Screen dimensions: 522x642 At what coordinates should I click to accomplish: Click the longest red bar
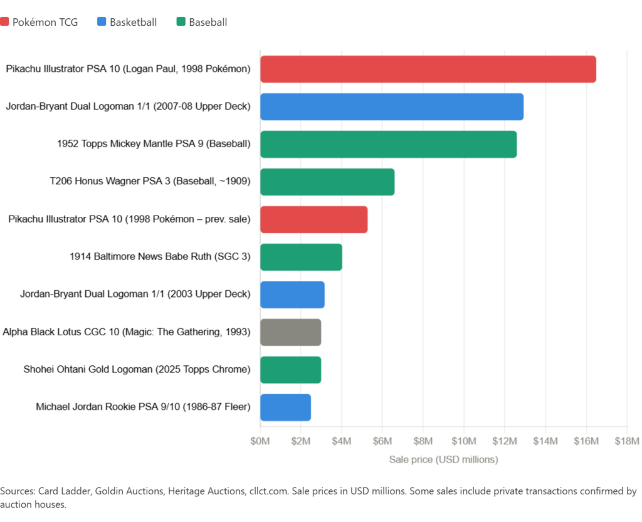(428, 69)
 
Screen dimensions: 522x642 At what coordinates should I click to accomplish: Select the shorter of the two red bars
(314, 219)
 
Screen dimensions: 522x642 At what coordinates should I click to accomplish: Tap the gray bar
(291, 332)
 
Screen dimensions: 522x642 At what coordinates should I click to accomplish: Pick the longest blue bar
(392, 107)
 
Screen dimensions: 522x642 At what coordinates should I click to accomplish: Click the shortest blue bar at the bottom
(286, 407)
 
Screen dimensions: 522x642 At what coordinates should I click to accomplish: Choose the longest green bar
(389, 144)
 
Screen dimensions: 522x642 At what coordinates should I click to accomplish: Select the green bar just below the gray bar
(291, 370)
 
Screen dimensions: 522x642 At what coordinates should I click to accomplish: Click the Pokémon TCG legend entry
(45, 23)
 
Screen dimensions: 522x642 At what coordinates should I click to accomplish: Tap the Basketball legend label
(133, 23)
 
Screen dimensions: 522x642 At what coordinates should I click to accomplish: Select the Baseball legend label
(208, 23)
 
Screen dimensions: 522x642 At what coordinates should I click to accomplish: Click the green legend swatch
(181, 23)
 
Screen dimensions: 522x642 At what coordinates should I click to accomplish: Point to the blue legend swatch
(101, 23)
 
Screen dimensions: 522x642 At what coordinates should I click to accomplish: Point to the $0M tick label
(260, 442)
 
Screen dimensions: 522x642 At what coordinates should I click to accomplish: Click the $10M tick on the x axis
(464, 442)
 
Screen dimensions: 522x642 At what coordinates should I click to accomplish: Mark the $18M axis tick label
(627, 442)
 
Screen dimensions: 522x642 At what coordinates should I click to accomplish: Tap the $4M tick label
(342, 442)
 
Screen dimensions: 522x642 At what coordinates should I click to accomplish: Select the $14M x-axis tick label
(545, 442)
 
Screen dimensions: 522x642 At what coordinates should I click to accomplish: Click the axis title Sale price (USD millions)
(443, 460)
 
